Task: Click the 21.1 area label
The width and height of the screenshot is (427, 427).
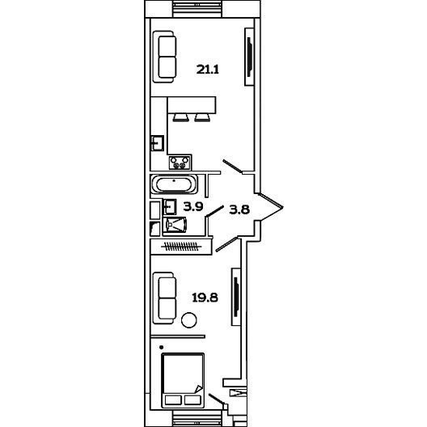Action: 208,70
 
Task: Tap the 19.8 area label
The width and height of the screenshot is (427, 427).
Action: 205,298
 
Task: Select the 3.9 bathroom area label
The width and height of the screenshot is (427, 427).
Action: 193,207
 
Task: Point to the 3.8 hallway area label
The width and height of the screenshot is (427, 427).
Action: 239,209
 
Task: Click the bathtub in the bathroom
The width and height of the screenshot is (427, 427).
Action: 175,184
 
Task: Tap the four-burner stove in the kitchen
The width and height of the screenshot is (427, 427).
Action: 180,163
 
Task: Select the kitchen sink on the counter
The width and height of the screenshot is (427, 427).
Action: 158,143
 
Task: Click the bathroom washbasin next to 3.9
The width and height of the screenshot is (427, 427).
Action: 169,207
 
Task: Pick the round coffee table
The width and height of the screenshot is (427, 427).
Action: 189,320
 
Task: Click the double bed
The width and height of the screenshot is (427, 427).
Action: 183,380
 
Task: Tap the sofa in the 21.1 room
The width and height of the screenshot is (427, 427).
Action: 164,57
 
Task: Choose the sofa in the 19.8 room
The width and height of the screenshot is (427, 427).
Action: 164,298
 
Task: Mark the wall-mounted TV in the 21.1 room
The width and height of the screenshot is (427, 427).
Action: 249,57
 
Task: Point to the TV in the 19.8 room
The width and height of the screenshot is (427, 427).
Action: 236,297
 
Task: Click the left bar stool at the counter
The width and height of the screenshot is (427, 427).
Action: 181,117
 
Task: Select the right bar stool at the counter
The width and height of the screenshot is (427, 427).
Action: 202,117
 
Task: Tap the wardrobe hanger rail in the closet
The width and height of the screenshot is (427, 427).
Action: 181,247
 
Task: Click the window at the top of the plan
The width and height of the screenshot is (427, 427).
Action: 197,9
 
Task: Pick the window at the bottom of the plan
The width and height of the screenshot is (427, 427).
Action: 197,418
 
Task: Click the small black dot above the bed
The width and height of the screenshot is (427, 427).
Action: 161,347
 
